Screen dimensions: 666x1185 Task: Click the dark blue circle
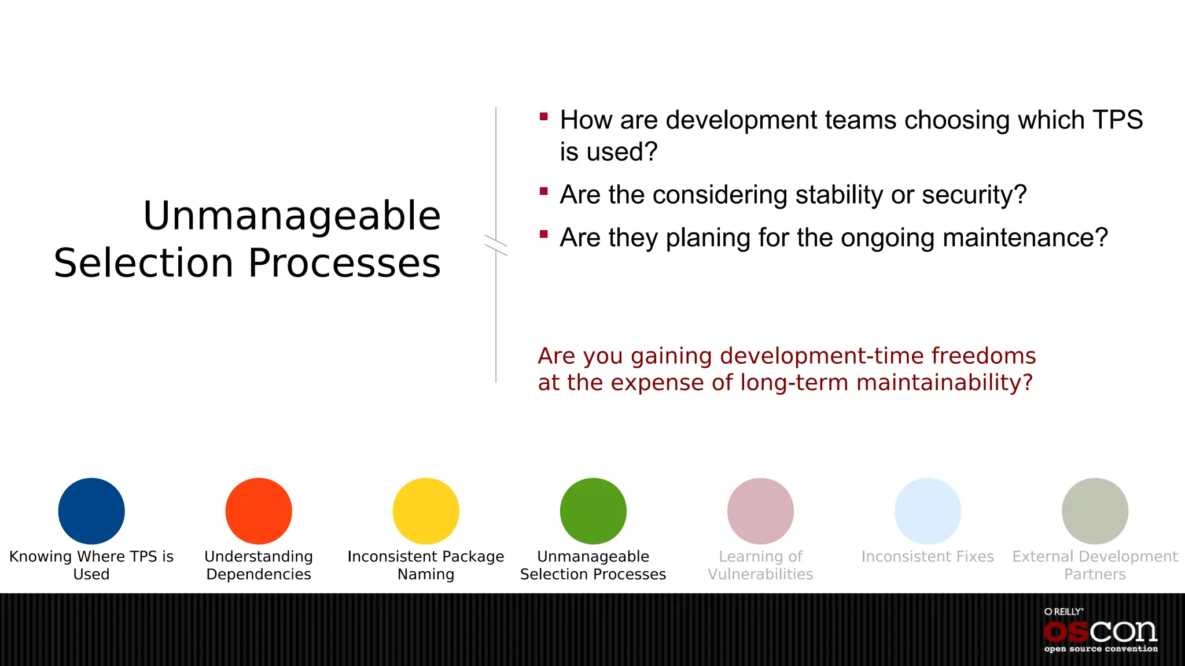(91, 511)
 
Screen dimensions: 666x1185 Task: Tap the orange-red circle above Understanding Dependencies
(259, 511)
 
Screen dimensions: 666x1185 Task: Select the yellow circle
(426, 511)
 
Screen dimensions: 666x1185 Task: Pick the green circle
(593, 511)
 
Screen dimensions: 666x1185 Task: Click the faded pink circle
(760, 511)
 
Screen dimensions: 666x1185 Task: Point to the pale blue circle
(928, 511)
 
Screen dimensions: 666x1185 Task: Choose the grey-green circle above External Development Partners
(1095, 511)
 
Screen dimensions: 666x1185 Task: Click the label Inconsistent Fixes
(928, 557)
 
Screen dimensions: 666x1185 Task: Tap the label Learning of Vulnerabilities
(760, 565)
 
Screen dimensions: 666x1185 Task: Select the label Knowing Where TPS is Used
(91, 565)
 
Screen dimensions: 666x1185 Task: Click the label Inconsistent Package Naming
(426, 565)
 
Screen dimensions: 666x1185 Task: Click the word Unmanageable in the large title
(292, 216)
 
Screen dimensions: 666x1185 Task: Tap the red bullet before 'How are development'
(543, 117)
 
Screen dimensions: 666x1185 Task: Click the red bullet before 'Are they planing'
(543, 234)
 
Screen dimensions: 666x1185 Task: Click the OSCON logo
(1101, 632)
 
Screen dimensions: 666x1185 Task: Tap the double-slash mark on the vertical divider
(496, 245)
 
